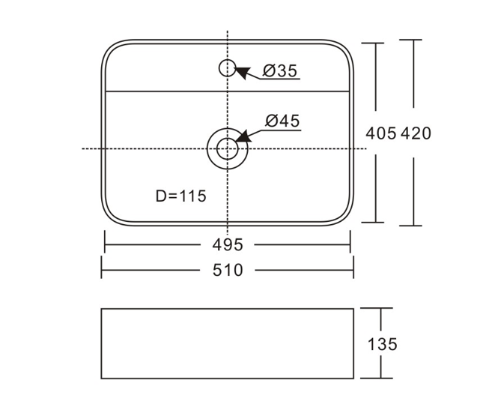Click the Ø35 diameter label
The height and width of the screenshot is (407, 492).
(x=280, y=70)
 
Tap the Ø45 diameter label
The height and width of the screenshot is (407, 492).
(x=282, y=121)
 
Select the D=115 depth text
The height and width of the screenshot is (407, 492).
(x=181, y=196)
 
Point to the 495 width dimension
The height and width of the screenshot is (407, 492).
(x=228, y=244)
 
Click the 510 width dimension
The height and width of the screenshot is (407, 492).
(x=228, y=270)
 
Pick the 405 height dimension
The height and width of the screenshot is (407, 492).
(x=381, y=133)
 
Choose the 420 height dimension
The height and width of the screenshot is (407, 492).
(x=416, y=133)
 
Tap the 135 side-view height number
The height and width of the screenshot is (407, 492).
(x=382, y=344)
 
